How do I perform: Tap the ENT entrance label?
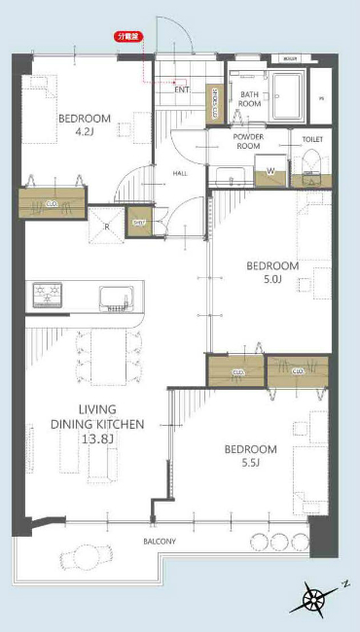coord(182,89)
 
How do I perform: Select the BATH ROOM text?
coord(251,98)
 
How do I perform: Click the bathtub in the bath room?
coord(289,95)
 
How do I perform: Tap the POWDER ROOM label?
coord(249,143)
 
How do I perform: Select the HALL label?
coord(180,174)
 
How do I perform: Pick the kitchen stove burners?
coord(47,294)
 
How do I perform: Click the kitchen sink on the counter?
coord(114,295)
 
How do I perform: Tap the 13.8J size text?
coord(97,439)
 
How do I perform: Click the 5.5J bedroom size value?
coord(250,464)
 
